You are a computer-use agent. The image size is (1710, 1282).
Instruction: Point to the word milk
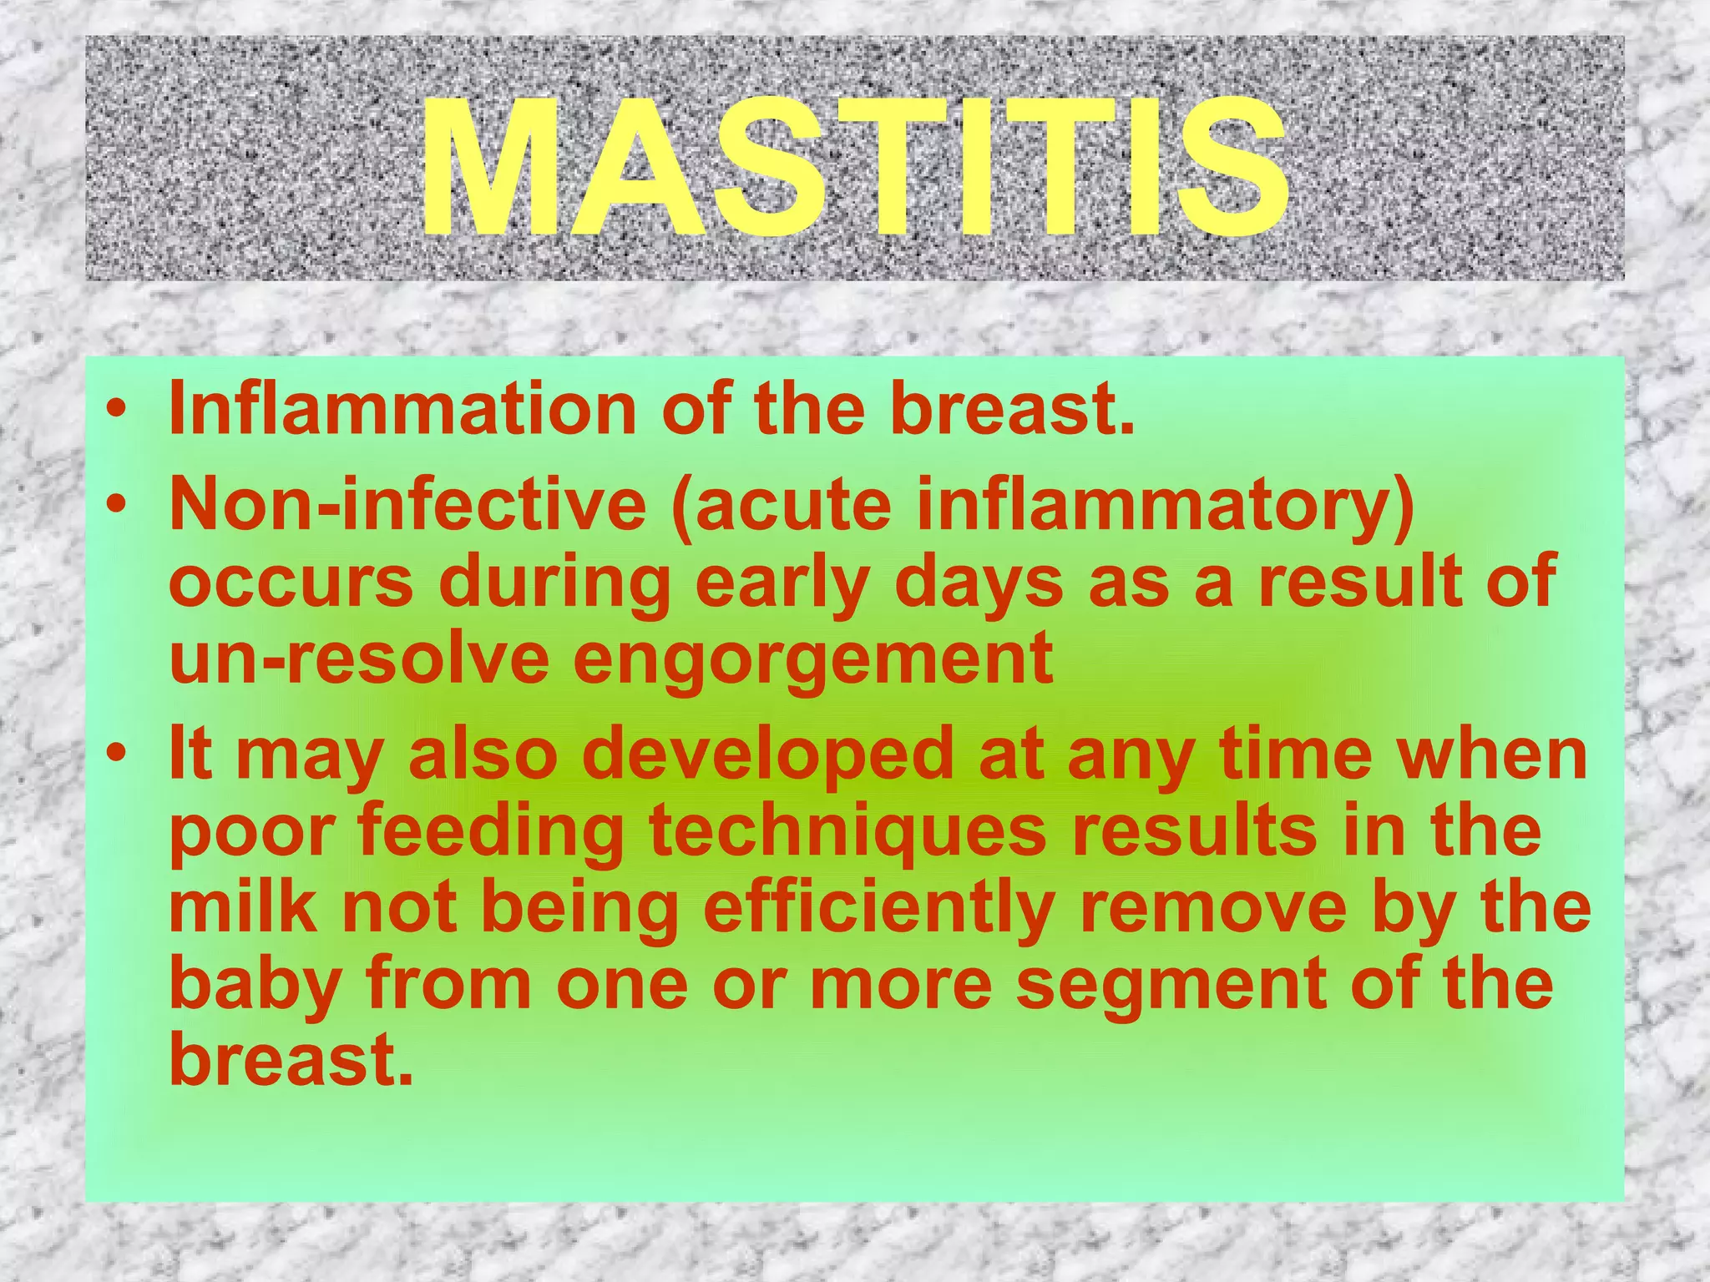[x=243, y=908]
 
